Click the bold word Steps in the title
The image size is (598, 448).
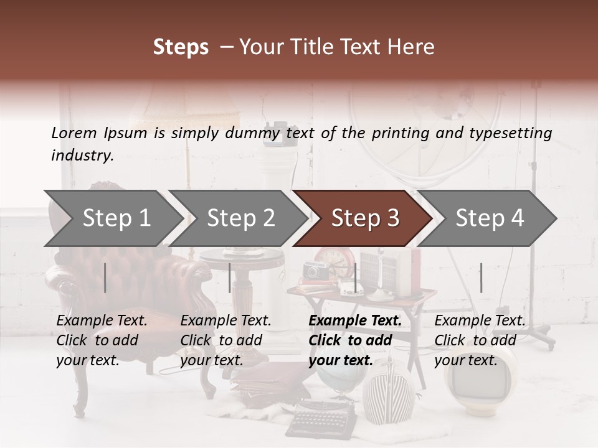pyautogui.click(x=181, y=47)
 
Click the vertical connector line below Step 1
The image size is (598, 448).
pyautogui.click(x=105, y=278)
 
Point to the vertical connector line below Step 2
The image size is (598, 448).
pyautogui.click(x=230, y=278)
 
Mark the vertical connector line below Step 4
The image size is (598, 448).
pyautogui.click(x=481, y=278)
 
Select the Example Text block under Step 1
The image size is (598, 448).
pyautogui.click(x=102, y=340)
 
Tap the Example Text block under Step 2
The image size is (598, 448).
pyautogui.click(x=225, y=340)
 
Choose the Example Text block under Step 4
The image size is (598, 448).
pyautogui.click(x=480, y=340)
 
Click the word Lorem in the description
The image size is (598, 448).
pyautogui.click(x=74, y=133)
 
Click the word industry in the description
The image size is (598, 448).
pyautogui.click(x=82, y=156)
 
